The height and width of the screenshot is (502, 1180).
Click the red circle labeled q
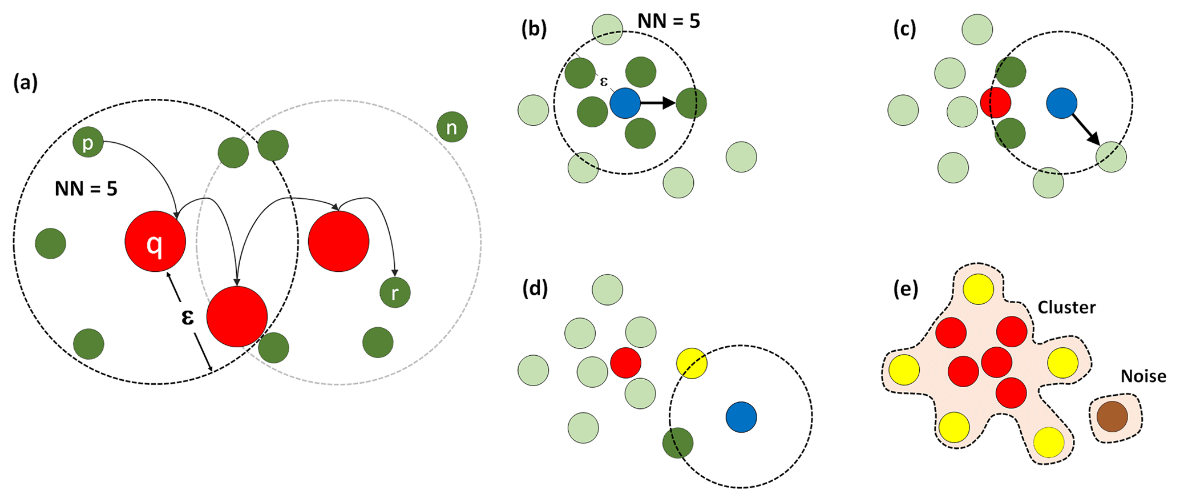tap(155, 242)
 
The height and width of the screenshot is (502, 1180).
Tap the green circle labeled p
tap(88, 143)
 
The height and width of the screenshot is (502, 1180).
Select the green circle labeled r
tap(395, 292)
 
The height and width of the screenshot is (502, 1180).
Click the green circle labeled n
tap(452, 127)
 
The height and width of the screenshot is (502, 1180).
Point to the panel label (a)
tap(25, 83)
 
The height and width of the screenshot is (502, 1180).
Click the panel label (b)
tap(534, 29)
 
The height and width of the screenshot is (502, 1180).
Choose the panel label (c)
tap(905, 29)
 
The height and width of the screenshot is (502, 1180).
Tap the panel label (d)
tap(535, 289)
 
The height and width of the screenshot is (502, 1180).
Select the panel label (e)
tap(906, 289)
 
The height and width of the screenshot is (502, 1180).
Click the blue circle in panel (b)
tap(625, 103)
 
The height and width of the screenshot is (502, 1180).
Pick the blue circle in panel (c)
tap(1061, 103)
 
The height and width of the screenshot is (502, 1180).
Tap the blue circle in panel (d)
tap(741, 417)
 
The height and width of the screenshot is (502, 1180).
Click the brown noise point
tap(1112, 416)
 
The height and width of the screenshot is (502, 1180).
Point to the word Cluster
tap(1066, 308)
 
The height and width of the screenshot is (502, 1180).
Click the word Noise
tap(1143, 376)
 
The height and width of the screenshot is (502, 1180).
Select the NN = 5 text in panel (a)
tap(86, 188)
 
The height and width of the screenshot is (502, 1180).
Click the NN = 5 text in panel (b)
tap(668, 21)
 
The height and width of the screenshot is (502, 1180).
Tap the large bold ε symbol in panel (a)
tap(187, 316)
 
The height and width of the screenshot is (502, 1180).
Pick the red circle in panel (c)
tap(995, 103)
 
